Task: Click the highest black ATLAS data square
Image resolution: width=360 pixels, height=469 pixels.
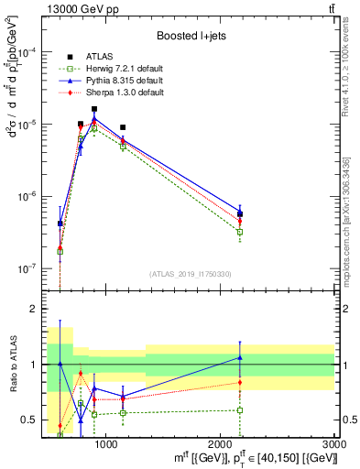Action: pyautogui.click(x=94, y=109)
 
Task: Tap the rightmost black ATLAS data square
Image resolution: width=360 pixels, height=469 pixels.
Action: pyautogui.click(x=240, y=214)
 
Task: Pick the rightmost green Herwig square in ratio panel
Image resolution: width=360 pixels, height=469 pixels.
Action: pyautogui.click(x=240, y=409)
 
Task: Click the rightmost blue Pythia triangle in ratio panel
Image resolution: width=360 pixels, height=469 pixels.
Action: pyautogui.click(x=240, y=357)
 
